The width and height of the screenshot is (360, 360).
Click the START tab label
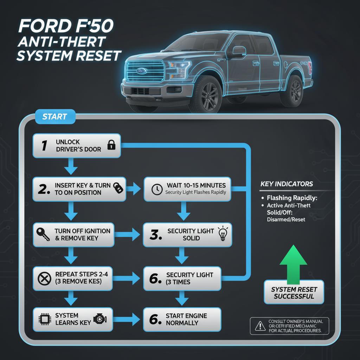[x=55, y=117]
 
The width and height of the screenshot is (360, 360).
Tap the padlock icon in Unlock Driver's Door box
[x=111, y=145]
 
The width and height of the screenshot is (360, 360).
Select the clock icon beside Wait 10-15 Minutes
[x=155, y=189]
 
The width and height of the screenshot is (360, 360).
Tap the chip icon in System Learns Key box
[x=44, y=319]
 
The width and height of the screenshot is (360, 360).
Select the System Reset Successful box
[x=294, y=293]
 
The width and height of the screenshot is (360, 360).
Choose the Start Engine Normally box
[x=182, y=319]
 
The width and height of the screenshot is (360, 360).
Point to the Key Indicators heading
[x=287, y=184]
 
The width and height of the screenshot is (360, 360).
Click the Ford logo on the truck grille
[x=142, y=70]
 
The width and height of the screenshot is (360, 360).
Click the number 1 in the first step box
[x=44, y=145]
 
